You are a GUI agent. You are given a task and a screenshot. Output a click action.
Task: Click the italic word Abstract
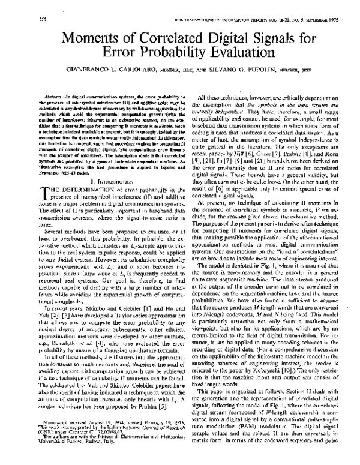pyautogui.click(x=38, y=97)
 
